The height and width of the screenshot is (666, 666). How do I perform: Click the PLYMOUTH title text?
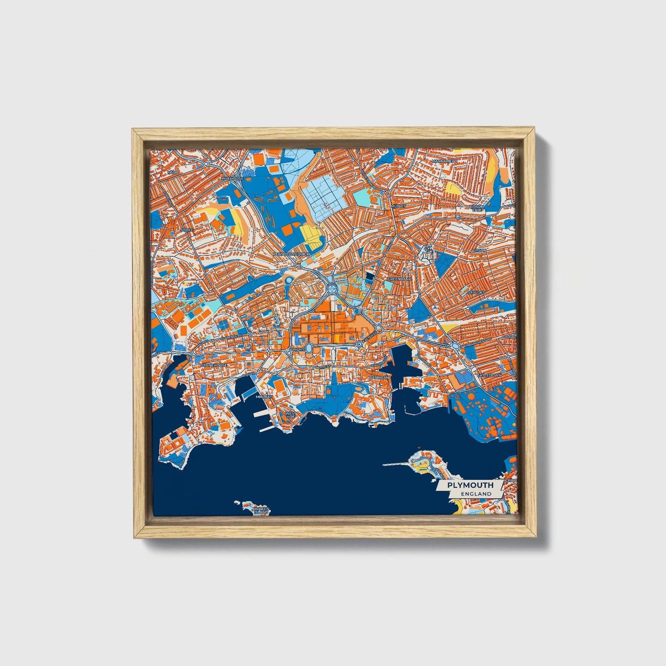click(x=470, y=485)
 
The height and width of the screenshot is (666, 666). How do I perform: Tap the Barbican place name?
click(x=379, y=377)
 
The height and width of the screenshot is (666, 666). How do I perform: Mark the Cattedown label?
click(x=489, y=376)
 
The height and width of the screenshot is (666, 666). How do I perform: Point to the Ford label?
click(x=173, y=172)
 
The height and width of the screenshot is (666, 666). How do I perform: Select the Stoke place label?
click(x=187, y=229)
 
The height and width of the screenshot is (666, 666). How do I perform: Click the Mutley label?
click(x=399, y=206)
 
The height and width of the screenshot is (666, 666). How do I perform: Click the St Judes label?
click(x=476, y=292)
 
